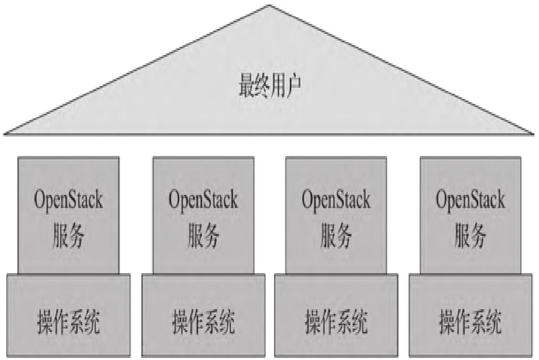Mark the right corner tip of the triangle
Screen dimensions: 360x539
[533, 133]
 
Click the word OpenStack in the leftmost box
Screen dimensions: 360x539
[68, 200]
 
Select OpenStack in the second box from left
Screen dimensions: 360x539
[203, 200]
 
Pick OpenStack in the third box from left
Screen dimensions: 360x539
[336, 200]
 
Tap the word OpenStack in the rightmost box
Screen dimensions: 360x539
[470, 200]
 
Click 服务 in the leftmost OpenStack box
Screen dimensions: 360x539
[68, 236]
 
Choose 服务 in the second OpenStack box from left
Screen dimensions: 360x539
[203, 236]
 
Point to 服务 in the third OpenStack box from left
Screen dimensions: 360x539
[336, 236]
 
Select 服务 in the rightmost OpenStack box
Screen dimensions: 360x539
[470, 236]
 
